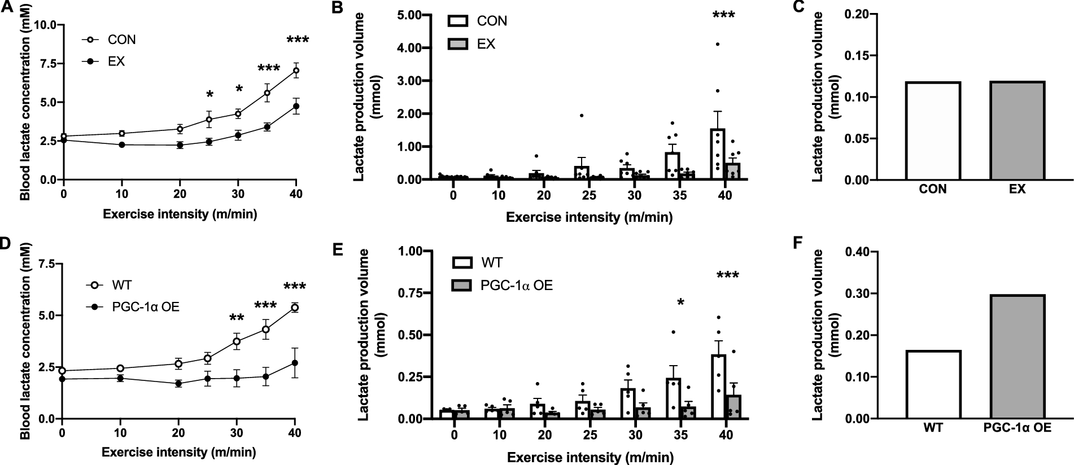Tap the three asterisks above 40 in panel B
tap(723, 15)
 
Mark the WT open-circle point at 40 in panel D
tap(295, 308)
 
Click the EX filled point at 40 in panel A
tap(295, 106)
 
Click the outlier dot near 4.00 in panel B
tap(717, 44)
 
